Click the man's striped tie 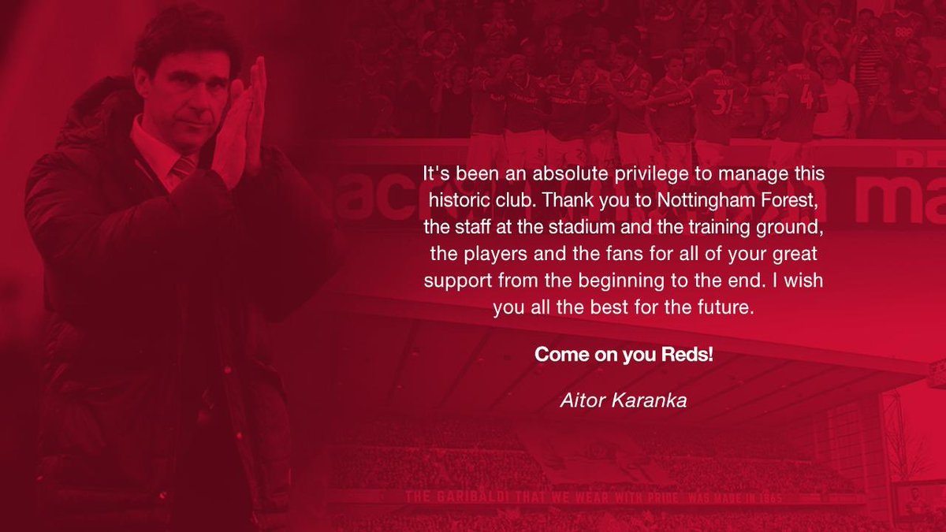coord(184,167)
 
